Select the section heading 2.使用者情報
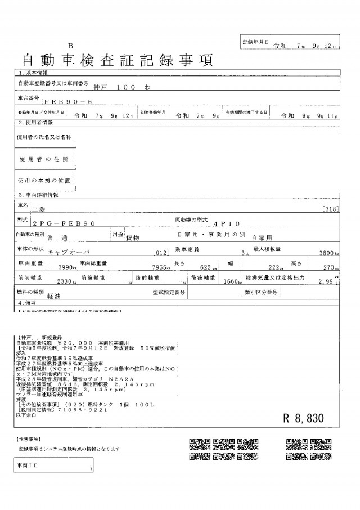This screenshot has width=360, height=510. click(36, 122)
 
